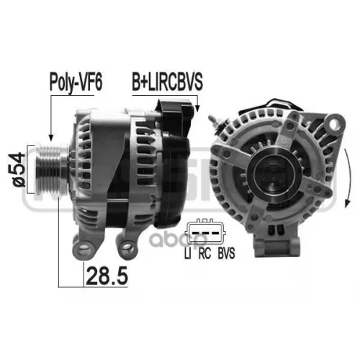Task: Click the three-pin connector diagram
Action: pos(207,234)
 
